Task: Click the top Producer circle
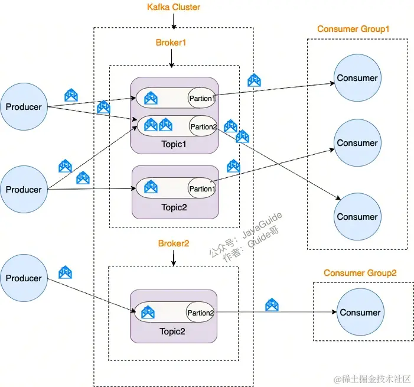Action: (x=24, y=107)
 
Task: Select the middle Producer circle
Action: (x=24, y=190)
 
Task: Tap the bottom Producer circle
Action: (x=24, y=278)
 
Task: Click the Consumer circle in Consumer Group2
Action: (x=360, y=313)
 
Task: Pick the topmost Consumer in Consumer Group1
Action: (x=357, y=78)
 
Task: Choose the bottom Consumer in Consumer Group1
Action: (x=357, y=217)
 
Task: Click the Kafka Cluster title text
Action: (x=173, y=8)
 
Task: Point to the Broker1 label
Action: (x=171, y=43)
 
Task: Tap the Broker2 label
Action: (x=173, y=243)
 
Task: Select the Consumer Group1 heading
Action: (x=353, y=29)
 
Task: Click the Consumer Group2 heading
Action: (x=360, y=273)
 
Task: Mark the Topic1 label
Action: (x=174, y=144)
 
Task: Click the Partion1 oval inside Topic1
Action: (x=202, y=98)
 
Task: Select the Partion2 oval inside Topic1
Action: (x=203, y=126)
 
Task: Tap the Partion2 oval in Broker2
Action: (x=201, y=313)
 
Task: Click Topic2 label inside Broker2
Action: (x=172, y=331)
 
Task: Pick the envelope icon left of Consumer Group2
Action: (x=272, y=305)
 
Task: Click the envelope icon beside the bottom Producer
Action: (x=65, y=272)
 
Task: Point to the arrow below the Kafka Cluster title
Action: (x=173, y=21)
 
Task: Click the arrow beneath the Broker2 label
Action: (x=173, y=258)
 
